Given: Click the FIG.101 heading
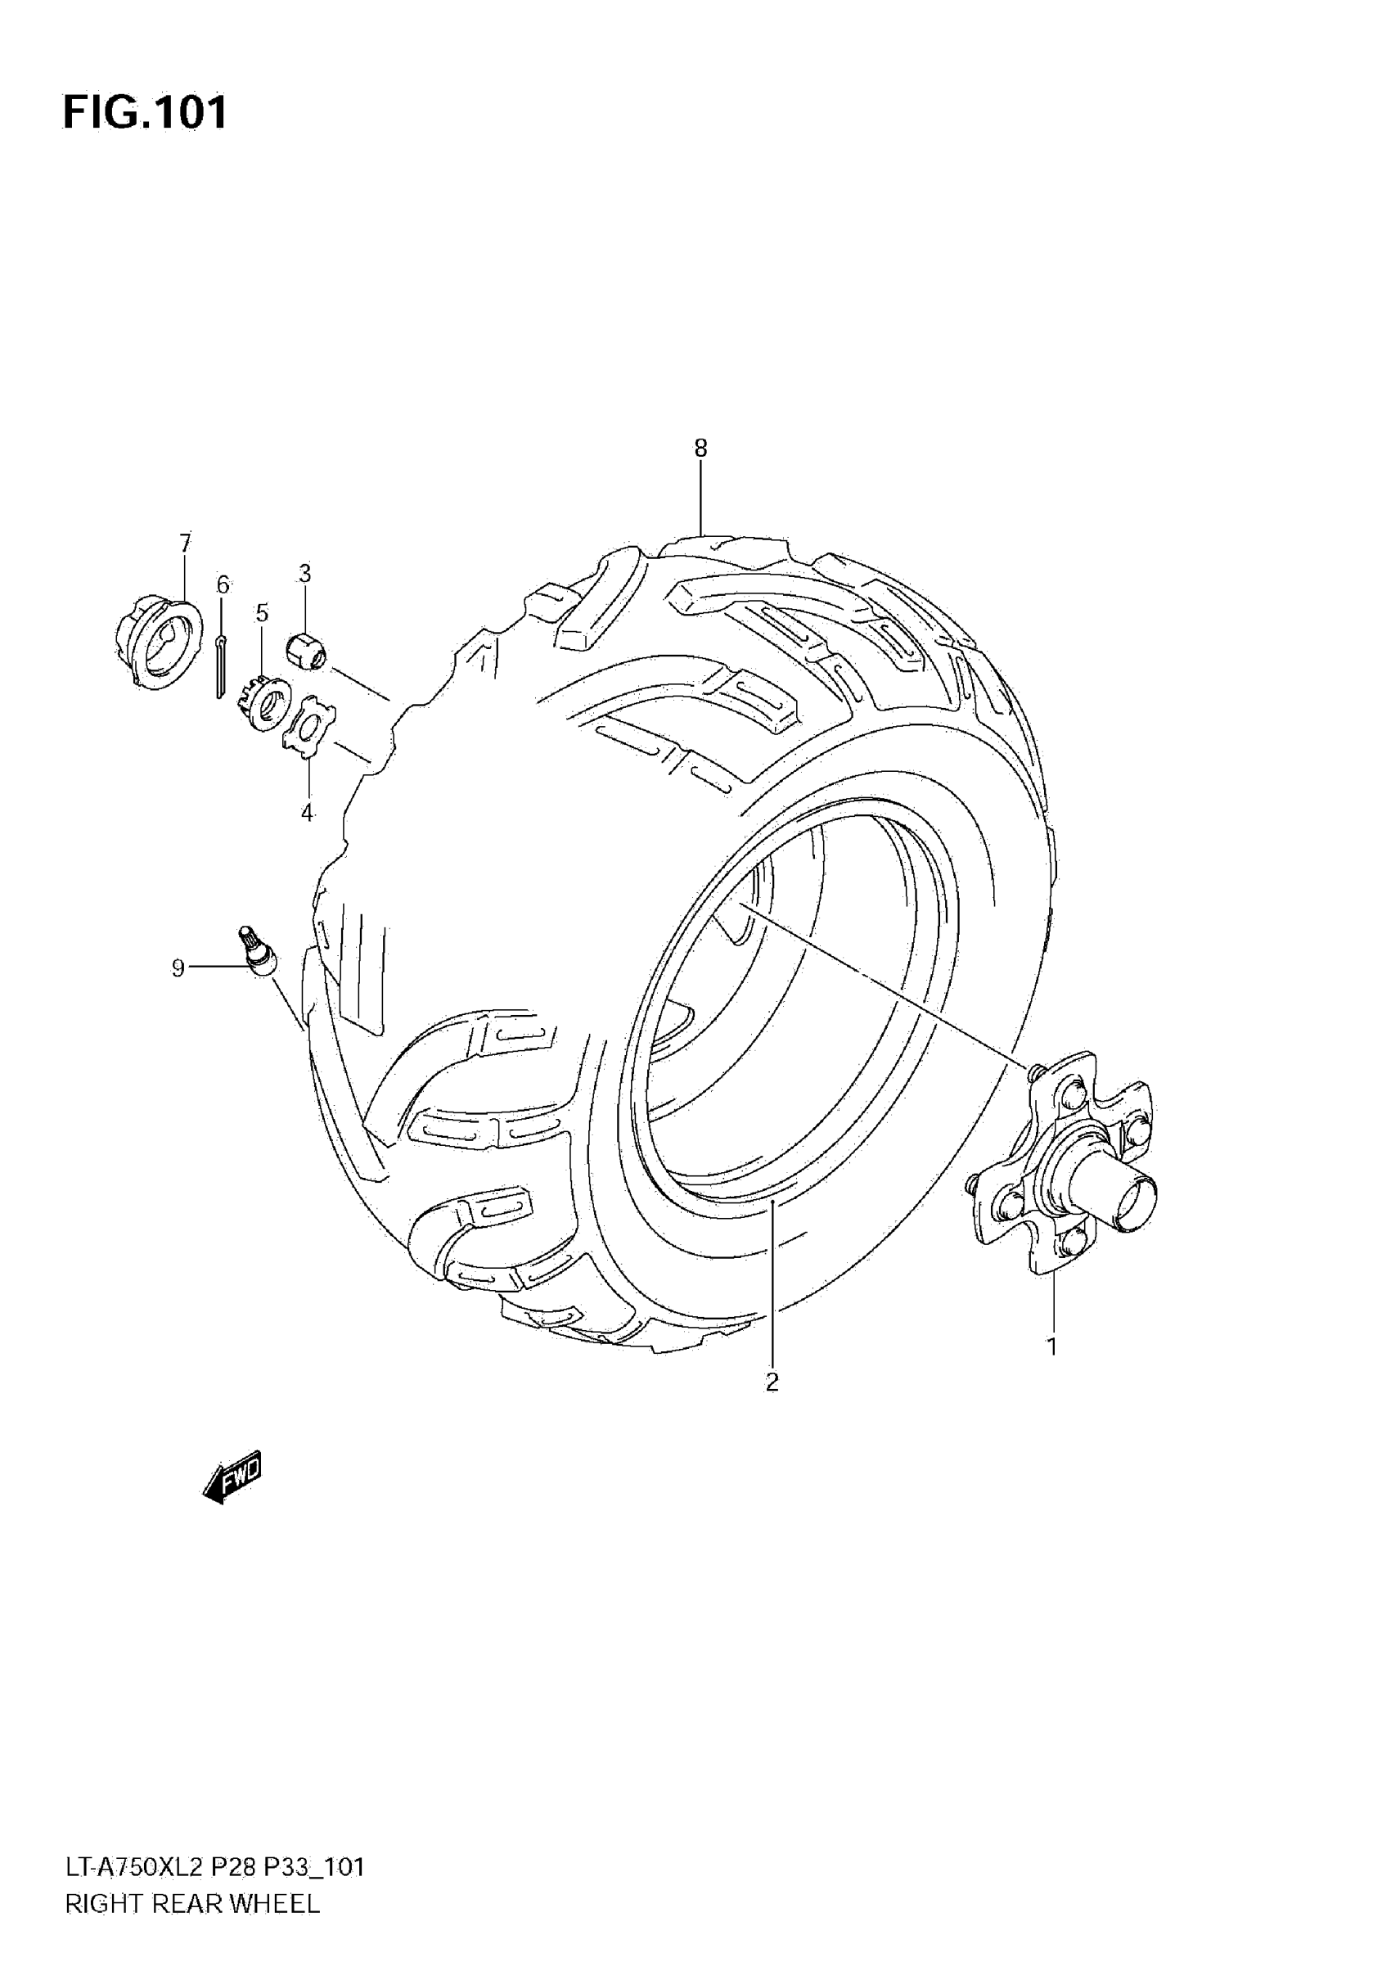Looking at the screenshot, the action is [x=146, y=112].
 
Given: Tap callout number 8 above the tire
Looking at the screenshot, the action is [x=701, y=447].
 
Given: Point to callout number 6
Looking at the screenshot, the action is [x=223, y=584].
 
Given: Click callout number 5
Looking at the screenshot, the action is [x=262, y=613].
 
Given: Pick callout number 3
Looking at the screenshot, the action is [x=304, y=573].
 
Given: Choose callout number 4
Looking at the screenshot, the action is [x=307, y=812].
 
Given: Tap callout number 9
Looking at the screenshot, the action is [x=178, y=968].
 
